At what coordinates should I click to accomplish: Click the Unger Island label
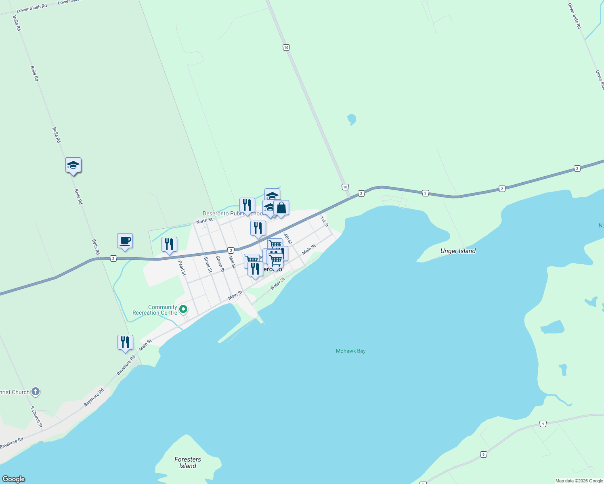458,251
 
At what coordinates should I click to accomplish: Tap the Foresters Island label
188,463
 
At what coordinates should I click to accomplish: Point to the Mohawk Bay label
350,351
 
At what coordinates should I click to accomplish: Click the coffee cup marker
125,241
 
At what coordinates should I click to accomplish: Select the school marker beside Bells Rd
73,165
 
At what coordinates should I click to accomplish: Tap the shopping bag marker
281,208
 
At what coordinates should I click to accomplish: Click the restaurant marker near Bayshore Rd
125,342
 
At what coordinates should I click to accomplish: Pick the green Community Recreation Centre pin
183,309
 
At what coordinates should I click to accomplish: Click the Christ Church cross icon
36,391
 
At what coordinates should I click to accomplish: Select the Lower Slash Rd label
31,8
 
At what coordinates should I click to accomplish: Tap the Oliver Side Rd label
575,16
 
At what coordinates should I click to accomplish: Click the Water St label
277,284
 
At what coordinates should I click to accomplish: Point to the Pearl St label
182,268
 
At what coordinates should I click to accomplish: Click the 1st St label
325,221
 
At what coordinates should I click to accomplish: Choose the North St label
204,221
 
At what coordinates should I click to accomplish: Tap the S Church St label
36,417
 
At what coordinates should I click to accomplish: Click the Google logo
14,479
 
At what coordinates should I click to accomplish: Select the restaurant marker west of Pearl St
169,244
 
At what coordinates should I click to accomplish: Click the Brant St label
208,265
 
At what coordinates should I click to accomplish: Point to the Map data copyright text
579,481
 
